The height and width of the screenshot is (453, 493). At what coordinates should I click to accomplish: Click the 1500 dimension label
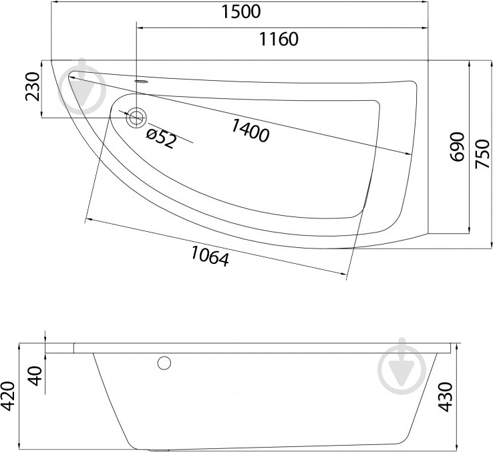point(241,11)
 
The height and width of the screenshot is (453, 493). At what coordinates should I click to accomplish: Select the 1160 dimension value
point(279,39)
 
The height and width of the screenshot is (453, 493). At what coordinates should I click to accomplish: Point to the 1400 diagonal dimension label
point(251,130)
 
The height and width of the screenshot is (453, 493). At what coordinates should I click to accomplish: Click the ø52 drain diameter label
point(161,138)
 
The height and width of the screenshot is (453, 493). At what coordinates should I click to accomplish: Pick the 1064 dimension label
point(210,256)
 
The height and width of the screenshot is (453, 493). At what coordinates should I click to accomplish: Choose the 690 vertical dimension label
point(457,147)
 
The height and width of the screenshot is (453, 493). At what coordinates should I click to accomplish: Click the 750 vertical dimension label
point(482,154)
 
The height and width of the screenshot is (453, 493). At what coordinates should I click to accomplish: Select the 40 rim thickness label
point(35,376)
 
